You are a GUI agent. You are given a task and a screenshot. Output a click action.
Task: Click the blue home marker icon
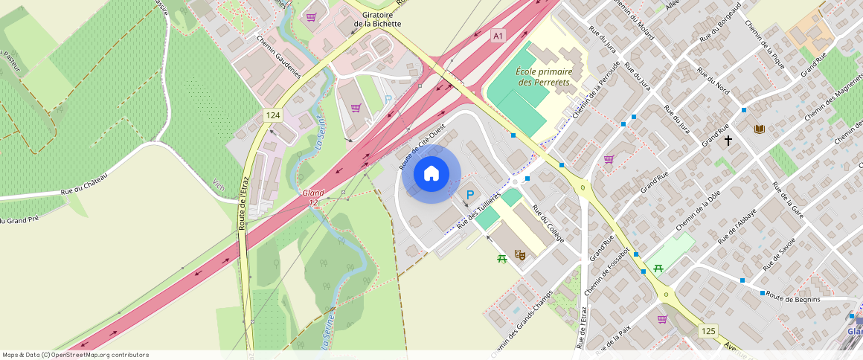tap(431, 174)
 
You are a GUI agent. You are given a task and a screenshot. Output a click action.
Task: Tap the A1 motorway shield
tap(498, 36)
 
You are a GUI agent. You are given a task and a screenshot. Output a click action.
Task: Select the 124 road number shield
tap(273, 115)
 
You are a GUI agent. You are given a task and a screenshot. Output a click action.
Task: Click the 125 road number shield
tap(707, 329)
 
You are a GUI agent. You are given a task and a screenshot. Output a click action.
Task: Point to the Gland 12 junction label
tap(313, 197)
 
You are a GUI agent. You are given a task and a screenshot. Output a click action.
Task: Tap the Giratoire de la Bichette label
tap(377, 19)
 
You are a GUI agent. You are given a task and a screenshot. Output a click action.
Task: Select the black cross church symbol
tap(728, 139)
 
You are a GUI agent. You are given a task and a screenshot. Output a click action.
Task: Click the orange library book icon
tap(759, 129)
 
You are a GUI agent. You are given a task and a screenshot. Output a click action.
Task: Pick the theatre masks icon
tap(521, 255)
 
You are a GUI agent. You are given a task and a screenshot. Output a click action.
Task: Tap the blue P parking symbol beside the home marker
tap(469, 196)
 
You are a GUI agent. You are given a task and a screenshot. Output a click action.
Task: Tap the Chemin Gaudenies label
tap(278, 57)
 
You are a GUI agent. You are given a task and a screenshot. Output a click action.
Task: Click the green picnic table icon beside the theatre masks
tap(502, 258)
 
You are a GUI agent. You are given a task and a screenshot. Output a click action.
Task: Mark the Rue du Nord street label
tap(713, 81)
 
